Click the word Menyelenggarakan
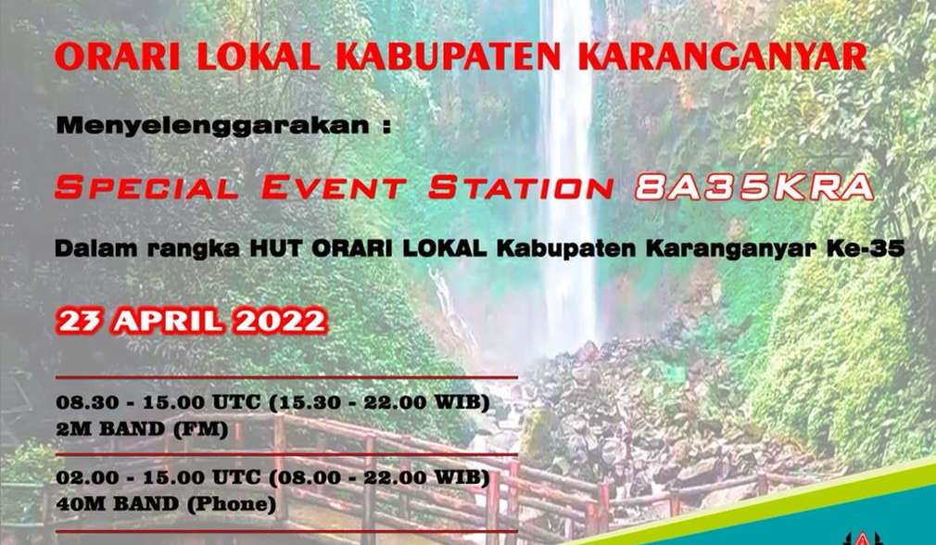pyautogui.click(x=208, y=127)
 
